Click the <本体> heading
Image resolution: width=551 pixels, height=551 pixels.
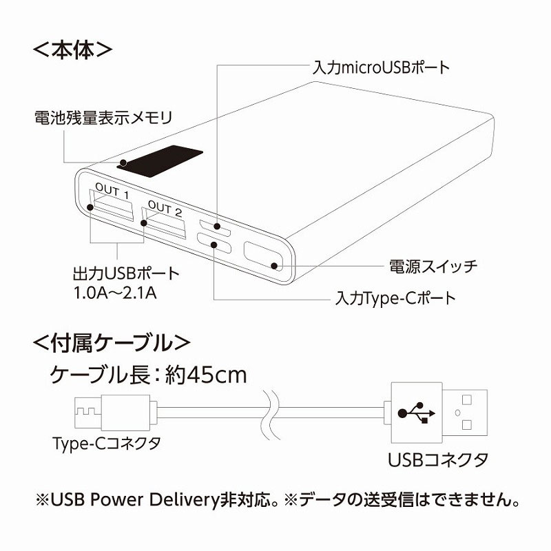coord(72,50)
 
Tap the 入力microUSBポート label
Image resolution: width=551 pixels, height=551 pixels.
coord(382,67)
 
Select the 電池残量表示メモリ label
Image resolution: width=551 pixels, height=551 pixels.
coord(103,118)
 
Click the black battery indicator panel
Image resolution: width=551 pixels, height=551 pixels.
coord(160,161)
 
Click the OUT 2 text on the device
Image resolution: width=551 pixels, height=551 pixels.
coord(165,209)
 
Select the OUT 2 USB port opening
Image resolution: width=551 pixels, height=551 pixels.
coord(164,225)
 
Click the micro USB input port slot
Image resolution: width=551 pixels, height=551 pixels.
coord(215,228)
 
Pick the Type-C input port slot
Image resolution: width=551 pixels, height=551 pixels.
coord(214,242)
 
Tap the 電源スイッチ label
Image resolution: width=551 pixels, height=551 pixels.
coord(433,267)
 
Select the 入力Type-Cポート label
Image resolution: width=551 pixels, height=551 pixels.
coord(395,298)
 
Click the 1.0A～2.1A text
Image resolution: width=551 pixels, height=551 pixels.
coord(114,293)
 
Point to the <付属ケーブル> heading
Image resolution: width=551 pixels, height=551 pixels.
coord(112,342)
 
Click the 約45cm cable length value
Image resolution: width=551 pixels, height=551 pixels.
coord(206,375)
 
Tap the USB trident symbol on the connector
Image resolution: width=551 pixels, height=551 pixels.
coord(416,413)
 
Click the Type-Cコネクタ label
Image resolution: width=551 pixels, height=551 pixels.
coord(107,443)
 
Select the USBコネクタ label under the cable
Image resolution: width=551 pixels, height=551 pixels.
coord(438,459)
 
